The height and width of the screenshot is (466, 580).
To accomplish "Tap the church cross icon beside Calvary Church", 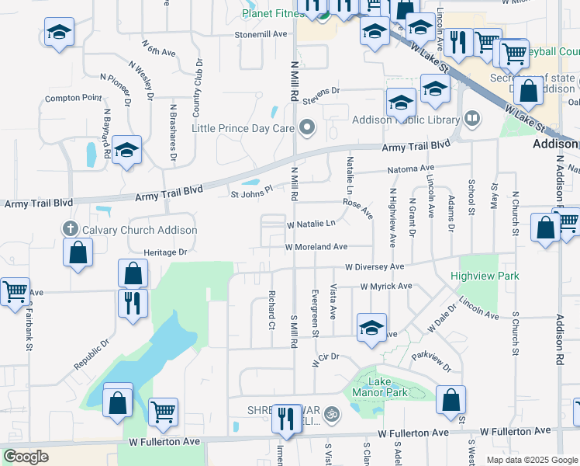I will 71,229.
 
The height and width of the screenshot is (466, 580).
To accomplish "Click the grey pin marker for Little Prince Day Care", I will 309,127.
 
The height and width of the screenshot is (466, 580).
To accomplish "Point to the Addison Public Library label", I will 406,120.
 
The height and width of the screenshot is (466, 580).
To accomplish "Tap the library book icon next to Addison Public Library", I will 472,119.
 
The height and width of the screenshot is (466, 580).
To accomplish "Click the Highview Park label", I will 486,276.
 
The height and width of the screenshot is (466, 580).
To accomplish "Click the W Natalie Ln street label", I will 311,224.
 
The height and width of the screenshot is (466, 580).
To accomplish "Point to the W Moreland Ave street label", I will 316,247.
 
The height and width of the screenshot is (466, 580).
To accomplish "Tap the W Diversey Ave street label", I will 375,266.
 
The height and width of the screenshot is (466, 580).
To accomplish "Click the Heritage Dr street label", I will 165,252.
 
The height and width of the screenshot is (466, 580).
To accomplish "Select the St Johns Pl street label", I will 252,190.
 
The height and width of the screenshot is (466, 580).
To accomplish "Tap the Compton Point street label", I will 73,99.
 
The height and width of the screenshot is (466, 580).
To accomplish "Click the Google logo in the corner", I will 26,457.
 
